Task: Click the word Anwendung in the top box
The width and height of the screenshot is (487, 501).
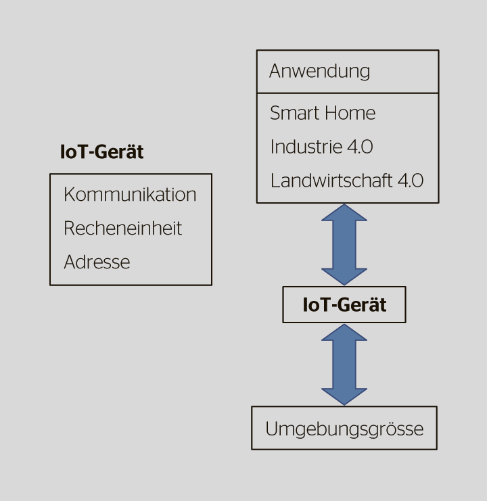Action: pos(319,71)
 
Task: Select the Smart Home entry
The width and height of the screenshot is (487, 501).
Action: pos(322,113)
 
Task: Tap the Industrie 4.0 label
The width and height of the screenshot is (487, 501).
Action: pos(321,147)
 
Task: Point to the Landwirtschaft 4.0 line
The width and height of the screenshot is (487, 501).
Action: pos(346,181)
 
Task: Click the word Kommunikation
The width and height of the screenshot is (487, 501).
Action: pos(130,195)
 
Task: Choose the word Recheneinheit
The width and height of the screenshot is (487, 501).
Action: pos(122,229)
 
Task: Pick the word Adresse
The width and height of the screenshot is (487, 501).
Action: pos(97,262)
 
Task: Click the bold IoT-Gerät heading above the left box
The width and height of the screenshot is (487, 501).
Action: pos(101,152)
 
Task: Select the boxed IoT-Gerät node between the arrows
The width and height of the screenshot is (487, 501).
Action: pos(344,305)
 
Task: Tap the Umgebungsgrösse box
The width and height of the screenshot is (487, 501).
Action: pos(344,429)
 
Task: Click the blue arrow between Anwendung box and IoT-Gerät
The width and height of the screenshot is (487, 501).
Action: pos(344,244)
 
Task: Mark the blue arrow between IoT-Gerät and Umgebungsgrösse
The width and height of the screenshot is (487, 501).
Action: pos(344,364)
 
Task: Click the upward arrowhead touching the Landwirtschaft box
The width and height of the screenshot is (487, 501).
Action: pos(344,212)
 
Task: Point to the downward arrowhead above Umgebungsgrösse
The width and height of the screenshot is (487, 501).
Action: pos(344,396)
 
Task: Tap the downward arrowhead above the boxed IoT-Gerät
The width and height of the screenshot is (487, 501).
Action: pos(344,276)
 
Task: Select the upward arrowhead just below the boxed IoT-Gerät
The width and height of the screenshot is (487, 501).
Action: pos(344,333)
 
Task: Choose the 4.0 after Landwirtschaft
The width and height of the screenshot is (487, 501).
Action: pos(409,181)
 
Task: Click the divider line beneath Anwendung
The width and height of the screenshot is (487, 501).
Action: pos(347,93)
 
